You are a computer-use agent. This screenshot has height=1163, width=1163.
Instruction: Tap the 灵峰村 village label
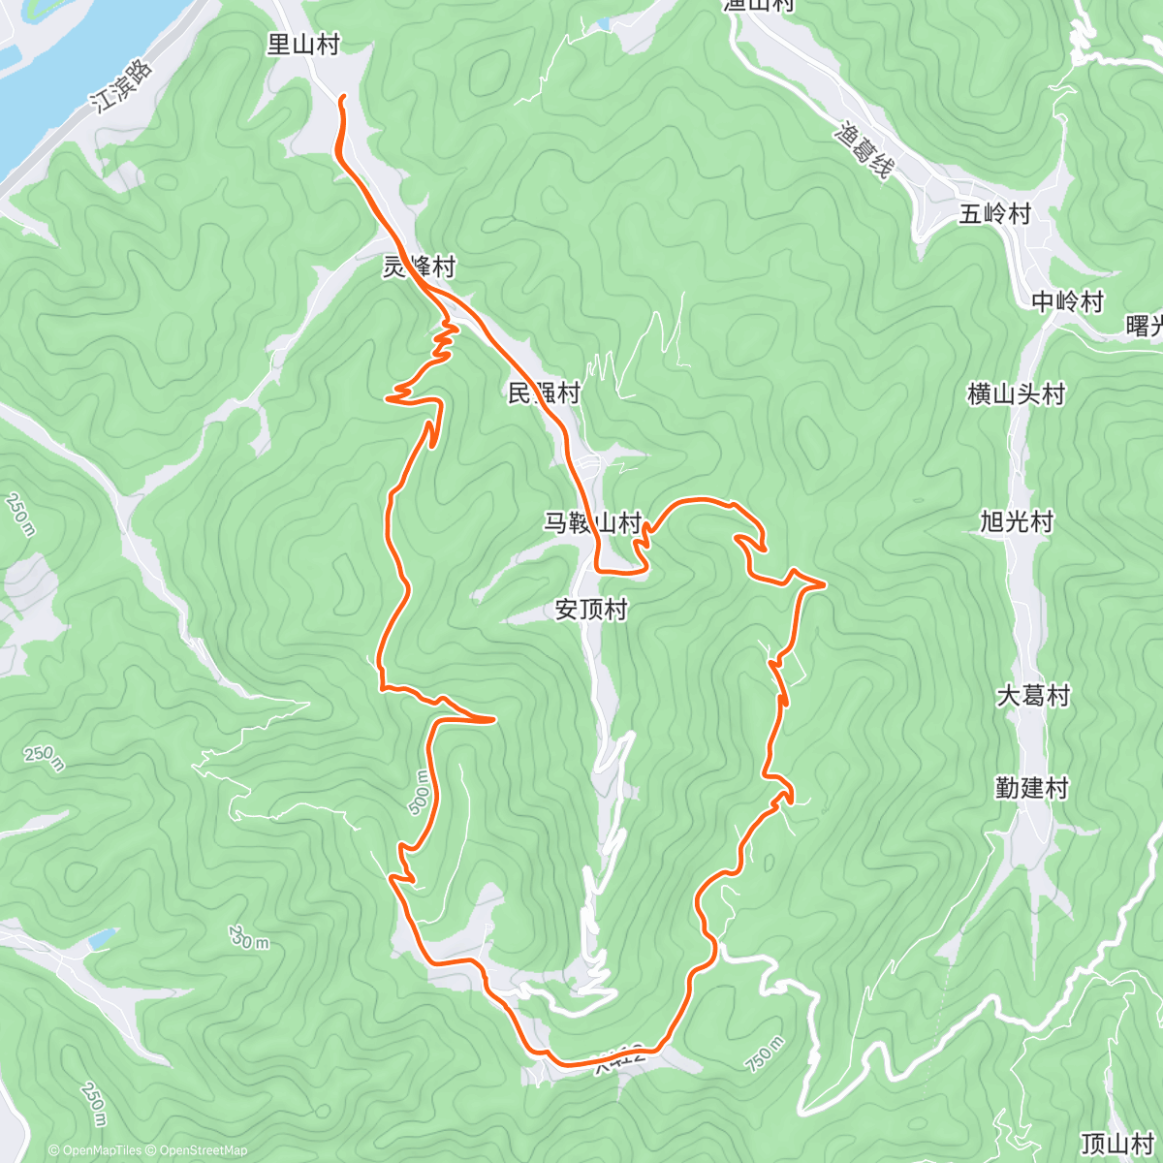(x=418, y=267)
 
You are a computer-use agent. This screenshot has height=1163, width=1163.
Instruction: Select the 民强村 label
(x=545, y=393)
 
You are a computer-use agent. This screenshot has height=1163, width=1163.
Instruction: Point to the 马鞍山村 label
(x=592, y=523)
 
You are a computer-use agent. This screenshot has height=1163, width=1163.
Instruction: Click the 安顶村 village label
(x=591, y=610)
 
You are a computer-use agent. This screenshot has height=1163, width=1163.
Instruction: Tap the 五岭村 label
(x=995, y=213)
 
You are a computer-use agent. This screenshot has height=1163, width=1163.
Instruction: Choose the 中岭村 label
(x=1068, y=301)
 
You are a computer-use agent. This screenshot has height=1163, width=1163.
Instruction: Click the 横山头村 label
(x=1017, y=393)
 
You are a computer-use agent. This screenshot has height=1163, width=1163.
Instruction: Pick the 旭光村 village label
(x=1017, y=521)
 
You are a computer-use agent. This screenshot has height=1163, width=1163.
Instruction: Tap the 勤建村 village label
(x=1032, y=788)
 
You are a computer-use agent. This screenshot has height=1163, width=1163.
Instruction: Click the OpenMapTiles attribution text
(x=96, y=1150)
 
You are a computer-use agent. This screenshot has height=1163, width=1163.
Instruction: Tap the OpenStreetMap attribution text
(x=199, y=1150)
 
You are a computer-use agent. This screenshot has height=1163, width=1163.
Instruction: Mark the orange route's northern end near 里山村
(x=343, y=97)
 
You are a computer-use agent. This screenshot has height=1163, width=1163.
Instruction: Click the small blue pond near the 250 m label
(x=102, y=938)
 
